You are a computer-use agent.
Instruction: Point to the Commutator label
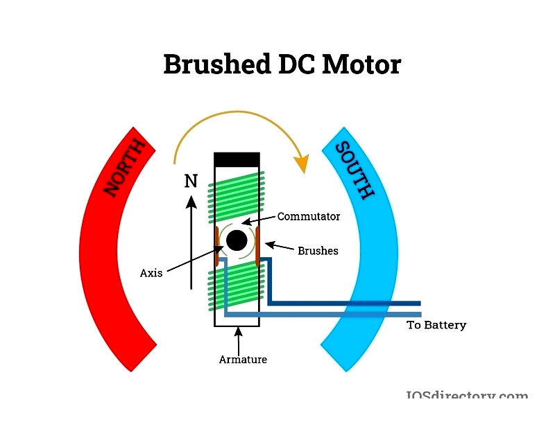(x=309, y=216)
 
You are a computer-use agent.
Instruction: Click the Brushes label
(x=318, y=251)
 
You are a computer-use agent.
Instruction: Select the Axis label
(x=151, y=273)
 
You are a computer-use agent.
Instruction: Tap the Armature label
(x=243, y=359)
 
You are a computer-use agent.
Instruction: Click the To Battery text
(x=436, y=325)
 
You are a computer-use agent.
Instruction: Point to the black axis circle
(x=237, y=240)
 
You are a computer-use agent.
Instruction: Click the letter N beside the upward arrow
(x=191, y=182)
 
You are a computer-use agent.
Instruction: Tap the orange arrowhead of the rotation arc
(x=301, y=164)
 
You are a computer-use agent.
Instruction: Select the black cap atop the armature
(x=237, y=159)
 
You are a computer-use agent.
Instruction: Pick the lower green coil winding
(x=237, y=288)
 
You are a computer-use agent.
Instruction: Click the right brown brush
(x=257, y=246)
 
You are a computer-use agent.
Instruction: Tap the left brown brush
(x=216, y=246)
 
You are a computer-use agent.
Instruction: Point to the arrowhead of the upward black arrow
(x=191, y=201)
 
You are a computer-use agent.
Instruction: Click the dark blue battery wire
(x=347, y=303)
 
